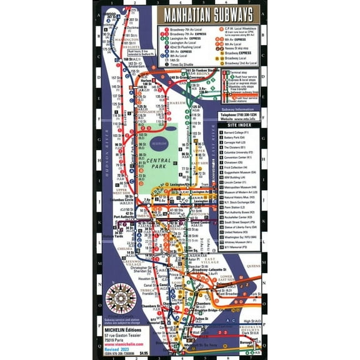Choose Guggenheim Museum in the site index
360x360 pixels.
(241, 172)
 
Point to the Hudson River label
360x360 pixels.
(107, 151)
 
